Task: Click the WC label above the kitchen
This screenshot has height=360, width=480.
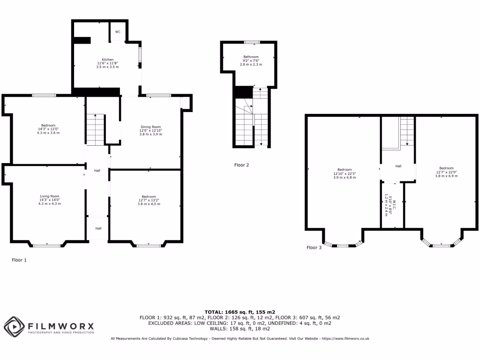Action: coord(118,32)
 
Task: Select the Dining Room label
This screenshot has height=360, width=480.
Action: coord(150,127)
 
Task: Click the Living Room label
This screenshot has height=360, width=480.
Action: coord(49,196)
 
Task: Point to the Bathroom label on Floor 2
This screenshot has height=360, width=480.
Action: coord(251,57)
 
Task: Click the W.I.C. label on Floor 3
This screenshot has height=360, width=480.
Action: coord(393,202)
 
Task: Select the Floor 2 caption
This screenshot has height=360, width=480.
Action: coord(241,165)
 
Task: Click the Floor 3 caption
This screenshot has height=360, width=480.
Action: coord(314,247)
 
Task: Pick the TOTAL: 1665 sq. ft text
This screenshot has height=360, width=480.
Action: coord(240,312)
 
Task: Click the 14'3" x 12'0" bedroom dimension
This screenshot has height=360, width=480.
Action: coord(49,129)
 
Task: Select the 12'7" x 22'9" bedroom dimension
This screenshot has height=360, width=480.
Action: coord(446,172)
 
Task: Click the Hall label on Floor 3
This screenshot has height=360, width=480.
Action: coord(398,166)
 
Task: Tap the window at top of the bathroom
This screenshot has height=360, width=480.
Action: coord(252,42)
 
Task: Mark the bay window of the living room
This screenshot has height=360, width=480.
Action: coord(47,245)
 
